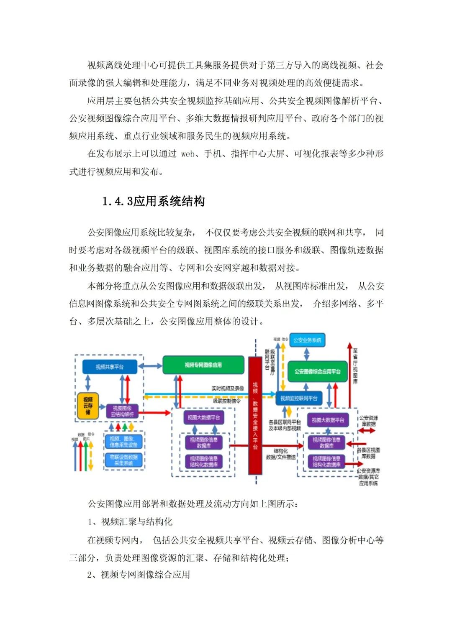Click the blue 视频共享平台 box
pyautogui.click(x=110, y=367)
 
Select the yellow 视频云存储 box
pyautogui.click(x=88, y=406)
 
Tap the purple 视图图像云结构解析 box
pyautogui.click(x=122, y=411)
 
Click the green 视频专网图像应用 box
pyautogui.click(x=203, y=365)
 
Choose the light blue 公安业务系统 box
pyautogui.click(x=307, y=340)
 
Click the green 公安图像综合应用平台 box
pyautogui.click(x=317, y=371)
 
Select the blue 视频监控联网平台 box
pyautogui.click(x=299, y=398)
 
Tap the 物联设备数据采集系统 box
pyautogui.click(x=123, y=460)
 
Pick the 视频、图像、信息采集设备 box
pyautogui.click(x=123, y=442)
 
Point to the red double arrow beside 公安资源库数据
pyautogui.click(x=367, y=431)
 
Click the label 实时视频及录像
pyautogui.click(x=228, y=389)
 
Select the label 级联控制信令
pyautogui.click(x=227, y=401)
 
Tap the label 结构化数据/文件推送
pyautogui.click(x=280, y=454)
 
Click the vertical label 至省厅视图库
pyautogui.click(x=355, y=366)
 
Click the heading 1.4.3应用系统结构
pyautogui.click(x=153, y=201)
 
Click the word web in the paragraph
pyautogui.click(x=188, y=154)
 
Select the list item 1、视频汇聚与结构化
pyautogui.click(x=130, y=521)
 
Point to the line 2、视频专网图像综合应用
pyautogui.click(x=139, y=575)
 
